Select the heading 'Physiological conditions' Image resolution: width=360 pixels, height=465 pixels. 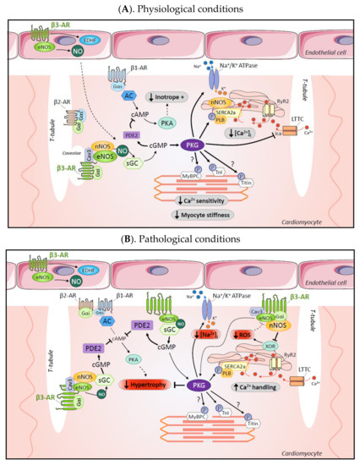click(x=179, y=8)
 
